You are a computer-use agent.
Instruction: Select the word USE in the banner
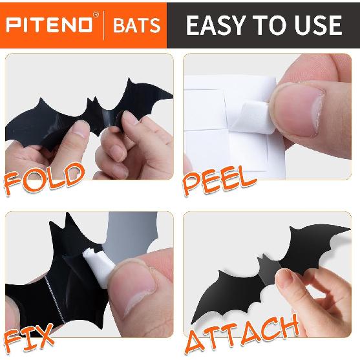(x=315, y=25)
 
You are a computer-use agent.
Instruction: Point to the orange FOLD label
(x=43, y=175)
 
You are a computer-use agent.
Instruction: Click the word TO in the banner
(x=271, y=25)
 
